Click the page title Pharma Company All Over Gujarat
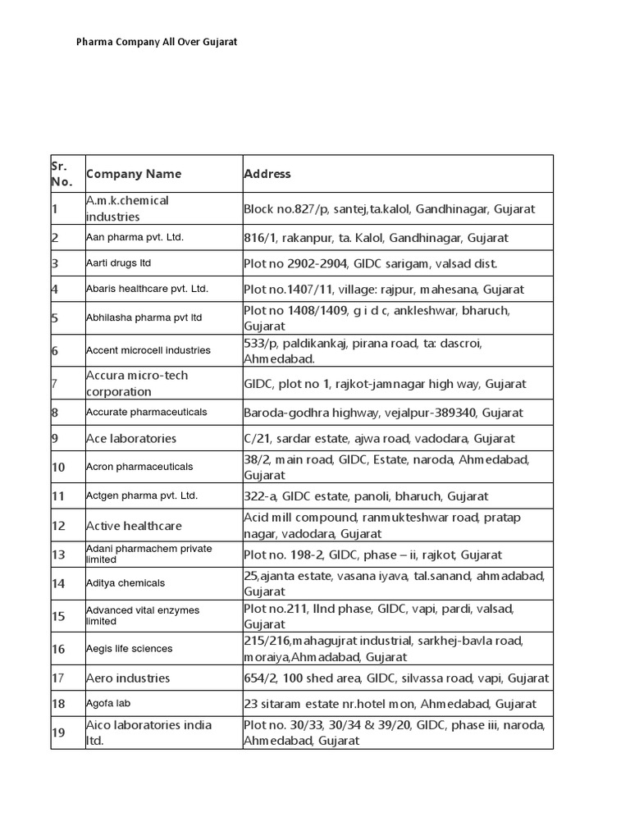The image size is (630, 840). click(157, 41)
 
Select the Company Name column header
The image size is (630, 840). click(134, 174)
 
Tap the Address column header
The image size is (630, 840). click(267, 174)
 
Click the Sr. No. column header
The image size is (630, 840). click(62, 174)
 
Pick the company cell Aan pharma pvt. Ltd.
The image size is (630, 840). click(135, 238)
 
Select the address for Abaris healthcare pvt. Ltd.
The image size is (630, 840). click(383, 290)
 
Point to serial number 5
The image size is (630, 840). click(55, 318)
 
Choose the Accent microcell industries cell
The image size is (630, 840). click(148, 350)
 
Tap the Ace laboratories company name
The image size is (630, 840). click(131, 439)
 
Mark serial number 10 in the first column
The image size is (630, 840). click(58, 467)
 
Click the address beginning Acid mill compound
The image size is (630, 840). click(382, 526)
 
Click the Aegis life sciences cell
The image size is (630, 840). click(130, 649)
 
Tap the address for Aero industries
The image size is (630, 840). click(396, 678)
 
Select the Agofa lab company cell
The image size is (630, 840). click(108, 704)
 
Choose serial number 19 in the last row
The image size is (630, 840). click(58, 733)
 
